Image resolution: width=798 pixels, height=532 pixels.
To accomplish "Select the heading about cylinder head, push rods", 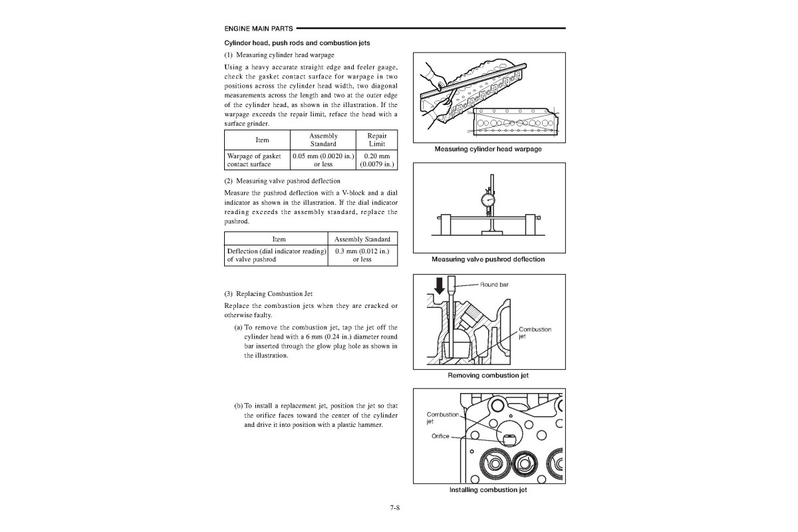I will (x=297, y=43).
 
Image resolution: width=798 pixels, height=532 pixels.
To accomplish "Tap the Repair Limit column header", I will (x=376, y=140).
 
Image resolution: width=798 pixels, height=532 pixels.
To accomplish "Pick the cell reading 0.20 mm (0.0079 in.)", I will (x=376, y=160).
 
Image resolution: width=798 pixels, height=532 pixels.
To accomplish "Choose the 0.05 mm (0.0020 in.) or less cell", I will (x=323, y=160).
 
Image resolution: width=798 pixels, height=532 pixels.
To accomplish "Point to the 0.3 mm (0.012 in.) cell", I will (x=362, y=255).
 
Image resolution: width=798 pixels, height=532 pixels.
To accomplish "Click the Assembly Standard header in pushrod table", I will (x=362, y=239).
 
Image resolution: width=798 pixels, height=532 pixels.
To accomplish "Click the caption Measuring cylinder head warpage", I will (x=488, y=149).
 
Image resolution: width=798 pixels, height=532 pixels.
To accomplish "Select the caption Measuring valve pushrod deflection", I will (x=488, y=259).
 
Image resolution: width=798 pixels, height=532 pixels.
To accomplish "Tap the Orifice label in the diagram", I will (x=439, y=437).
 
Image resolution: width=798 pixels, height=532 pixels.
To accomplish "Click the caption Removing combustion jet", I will (x=488, y=375).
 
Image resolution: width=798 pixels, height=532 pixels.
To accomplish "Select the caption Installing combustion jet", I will (x=488, y=489).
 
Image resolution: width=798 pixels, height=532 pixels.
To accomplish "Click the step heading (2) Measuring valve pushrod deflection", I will (x=282, y=181).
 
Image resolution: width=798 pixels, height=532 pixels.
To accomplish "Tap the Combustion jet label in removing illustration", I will (x=534, y=332).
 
